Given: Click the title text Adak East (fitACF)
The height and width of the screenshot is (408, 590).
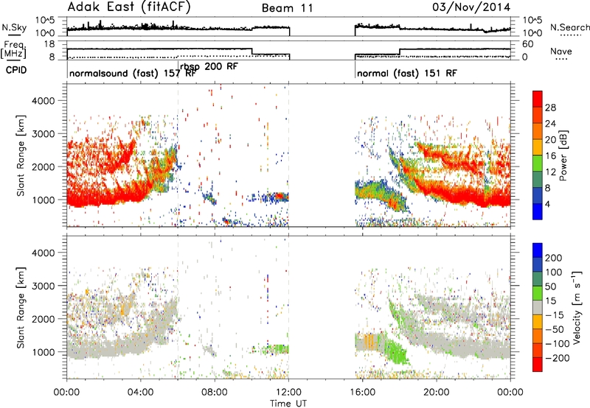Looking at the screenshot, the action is pyautogui.click(x=129, y=7).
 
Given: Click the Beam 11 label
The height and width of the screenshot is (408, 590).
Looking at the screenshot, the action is pyautogui.click(x=287, y=8).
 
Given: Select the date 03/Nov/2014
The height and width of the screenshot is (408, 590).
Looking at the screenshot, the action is pyautogui.click(x=471, y=7).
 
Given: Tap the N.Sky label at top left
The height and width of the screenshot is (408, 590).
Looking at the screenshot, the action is pyautogui.click(x=14, y=27).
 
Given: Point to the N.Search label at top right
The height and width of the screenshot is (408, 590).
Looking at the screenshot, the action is pyautogui.click(x=569, y=27).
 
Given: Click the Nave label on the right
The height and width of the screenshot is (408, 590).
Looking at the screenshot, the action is pyautogui.click(x=561, y=51).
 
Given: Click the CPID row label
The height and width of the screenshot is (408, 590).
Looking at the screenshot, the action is pyautogui.click(x=16, y=70).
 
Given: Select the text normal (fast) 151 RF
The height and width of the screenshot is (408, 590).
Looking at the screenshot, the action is pyautogui.click(x=407, y=73).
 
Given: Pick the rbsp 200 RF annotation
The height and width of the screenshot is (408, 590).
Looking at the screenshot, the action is pyautogui.click(x=209, y=67).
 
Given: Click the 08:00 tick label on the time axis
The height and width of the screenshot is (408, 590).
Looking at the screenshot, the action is pyautogui.click(x=215, y=393).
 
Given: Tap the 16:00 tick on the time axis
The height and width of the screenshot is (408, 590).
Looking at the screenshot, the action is pyautogui.click(x=362, y=393).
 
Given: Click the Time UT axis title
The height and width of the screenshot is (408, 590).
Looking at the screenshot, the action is pyautogui.click(x=288, y=403).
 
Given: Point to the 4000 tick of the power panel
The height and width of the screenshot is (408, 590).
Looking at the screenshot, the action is pyautogui.click(x=43, y=101).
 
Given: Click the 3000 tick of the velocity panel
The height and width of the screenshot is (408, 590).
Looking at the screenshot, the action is pyautogui.click(x=43, y=286).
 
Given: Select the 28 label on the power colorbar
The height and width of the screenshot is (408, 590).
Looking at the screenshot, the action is pyautogui.click(x=550, y=108).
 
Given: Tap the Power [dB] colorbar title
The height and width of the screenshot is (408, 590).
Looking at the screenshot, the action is pyautogui.click(x=563, y=155).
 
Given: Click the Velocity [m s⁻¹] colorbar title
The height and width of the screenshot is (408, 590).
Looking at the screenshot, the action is pyautogui.click(x=577, y=307).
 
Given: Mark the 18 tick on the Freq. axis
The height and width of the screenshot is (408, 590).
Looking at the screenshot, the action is pyautogui.click(x=49, y=44).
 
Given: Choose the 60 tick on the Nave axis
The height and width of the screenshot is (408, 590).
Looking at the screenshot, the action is pyautogui.click(x=528, y=44).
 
